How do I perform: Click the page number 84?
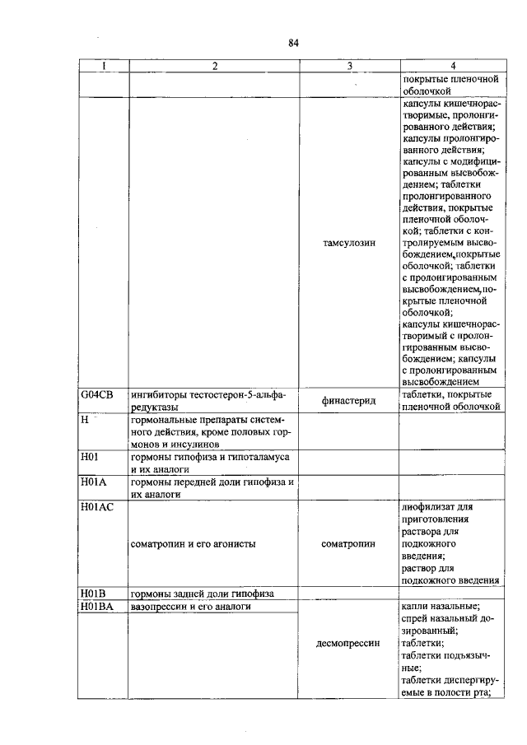[x=292, y=44]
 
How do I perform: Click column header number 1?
[x=103, y=67]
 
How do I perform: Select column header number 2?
[x=213, y=67]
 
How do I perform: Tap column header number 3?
[x=349, y=67]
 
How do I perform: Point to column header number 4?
[x=451, y=67]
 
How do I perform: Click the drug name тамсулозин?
[x=349, y=244]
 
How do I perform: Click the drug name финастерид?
[x=349, y=400]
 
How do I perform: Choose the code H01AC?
[x=96, y=507]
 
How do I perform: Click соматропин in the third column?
[x=349, y=544]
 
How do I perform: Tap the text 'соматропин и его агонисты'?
[x=193, y=544]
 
